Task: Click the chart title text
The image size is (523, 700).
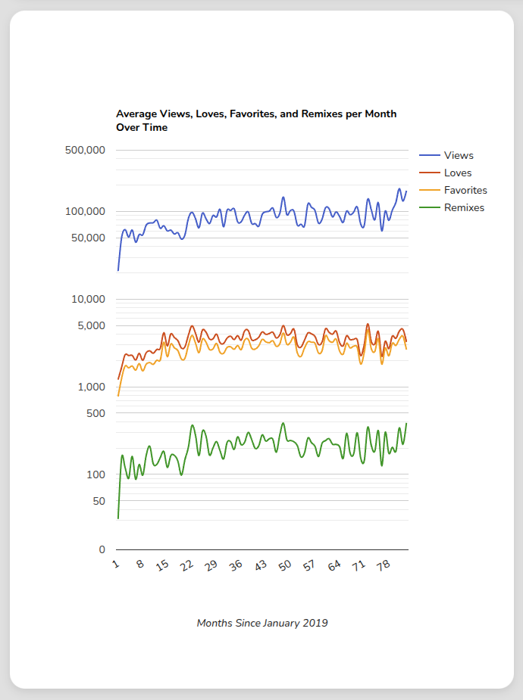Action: (256, 121)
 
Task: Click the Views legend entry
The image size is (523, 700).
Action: (459, 155)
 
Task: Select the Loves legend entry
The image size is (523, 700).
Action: (458, 173)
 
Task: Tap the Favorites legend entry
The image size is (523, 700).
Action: (465, 190)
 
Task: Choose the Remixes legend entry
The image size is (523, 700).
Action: (464, 207)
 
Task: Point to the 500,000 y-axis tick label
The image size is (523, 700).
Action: (85, 150)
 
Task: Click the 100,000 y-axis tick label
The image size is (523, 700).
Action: (85, 211)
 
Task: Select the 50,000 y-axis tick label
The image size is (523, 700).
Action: (88, 238)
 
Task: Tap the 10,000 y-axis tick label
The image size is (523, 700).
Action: (88, 299)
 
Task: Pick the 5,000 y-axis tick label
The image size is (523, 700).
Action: (91, 325)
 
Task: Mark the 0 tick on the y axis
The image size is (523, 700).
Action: (102, 549)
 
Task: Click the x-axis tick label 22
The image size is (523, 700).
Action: (187, 565)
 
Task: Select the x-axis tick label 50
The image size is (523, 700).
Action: (285, 565)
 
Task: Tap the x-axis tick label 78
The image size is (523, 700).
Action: (384, 565)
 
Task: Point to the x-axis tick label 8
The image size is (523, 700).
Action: (140, 564)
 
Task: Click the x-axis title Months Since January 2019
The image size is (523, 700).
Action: (262, 623)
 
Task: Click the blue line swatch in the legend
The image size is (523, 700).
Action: (429, 155)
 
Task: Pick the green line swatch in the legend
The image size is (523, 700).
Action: (429, 207)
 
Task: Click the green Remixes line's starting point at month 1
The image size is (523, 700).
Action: (118, 518)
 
